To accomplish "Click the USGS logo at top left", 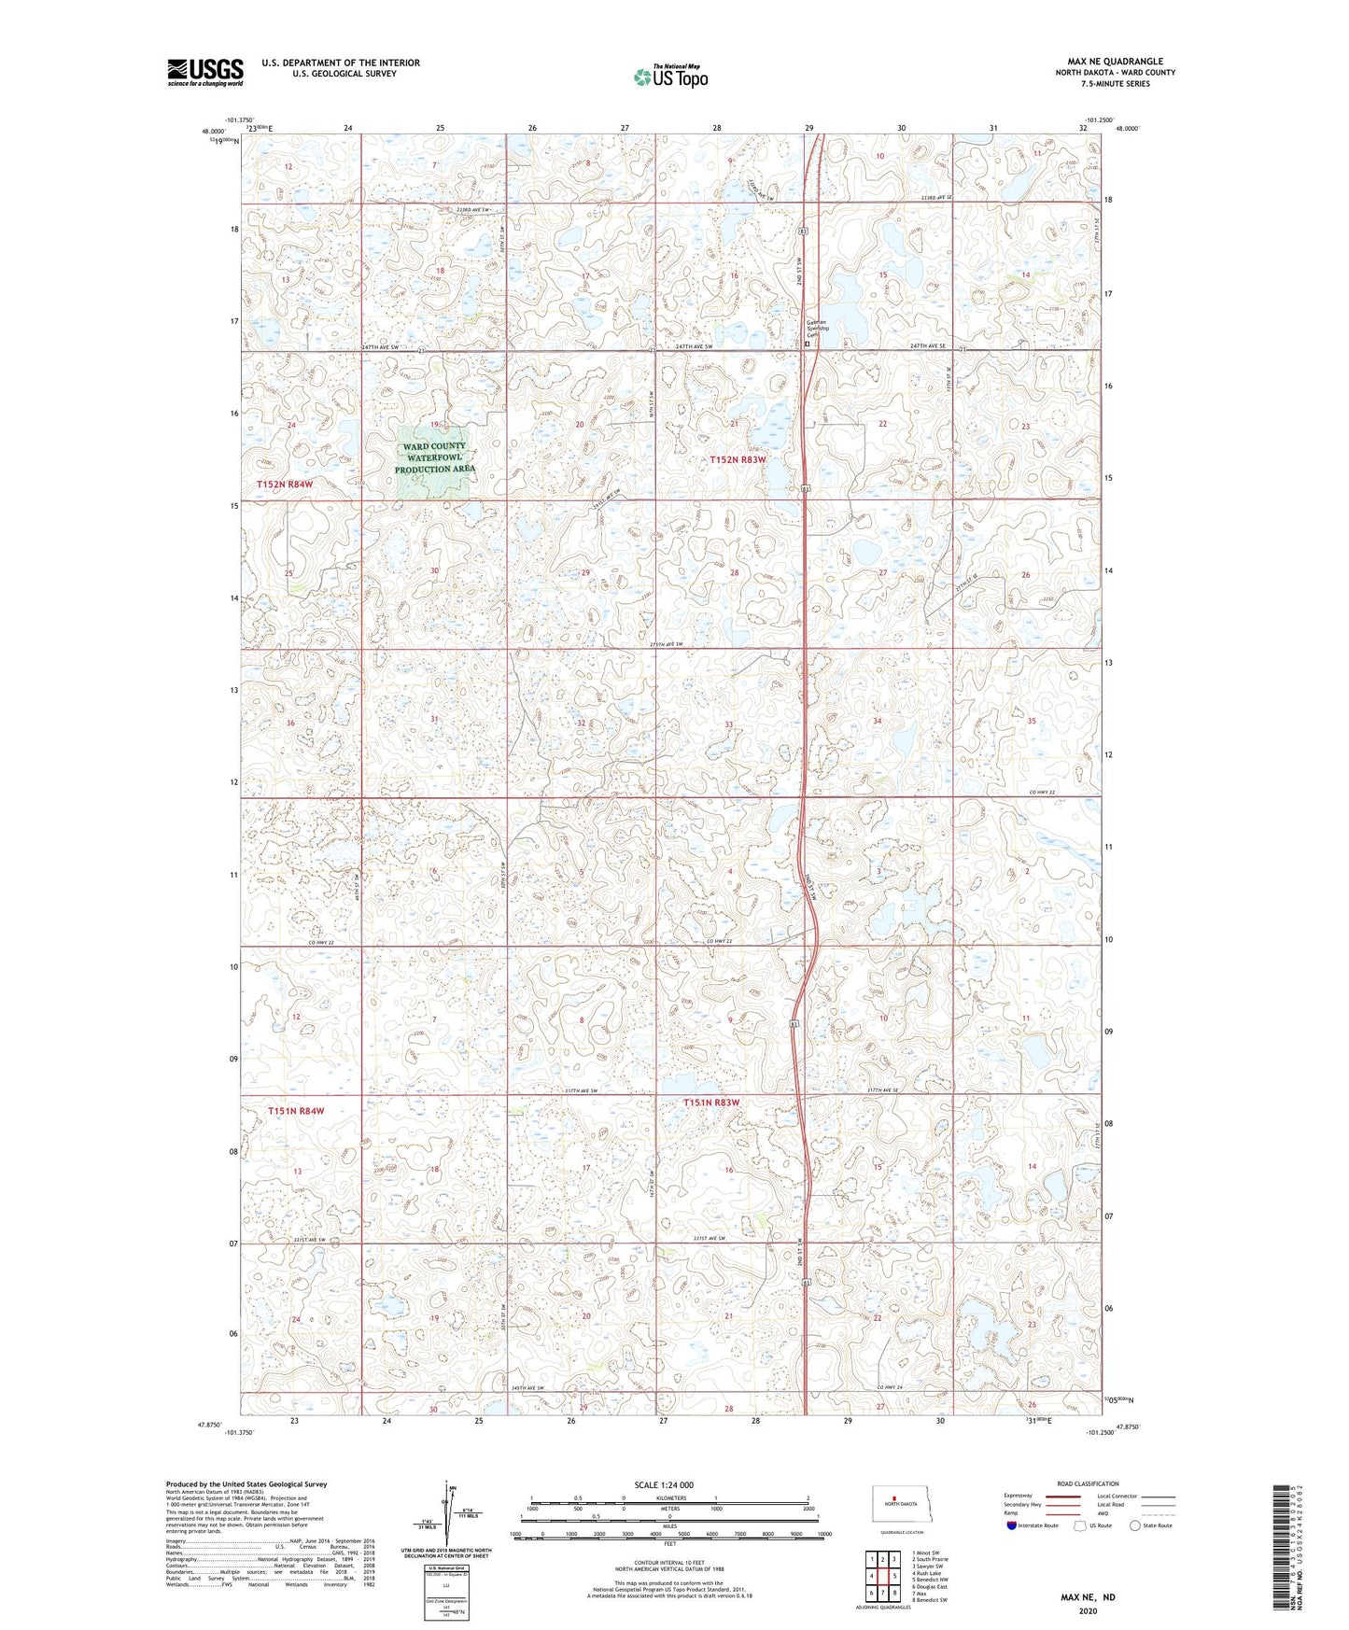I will point(205,72).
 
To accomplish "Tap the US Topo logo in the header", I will point(669,77).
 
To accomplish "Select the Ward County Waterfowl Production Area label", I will point(434,457).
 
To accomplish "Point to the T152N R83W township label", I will point(738,459).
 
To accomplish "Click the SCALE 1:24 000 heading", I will point(666,1484).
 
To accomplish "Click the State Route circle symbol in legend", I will point(1135,1525).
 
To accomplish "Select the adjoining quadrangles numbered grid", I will point(882,1576).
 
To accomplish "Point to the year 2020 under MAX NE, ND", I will point(1087,1610).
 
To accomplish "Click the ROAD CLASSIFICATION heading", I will point(1088,1483).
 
